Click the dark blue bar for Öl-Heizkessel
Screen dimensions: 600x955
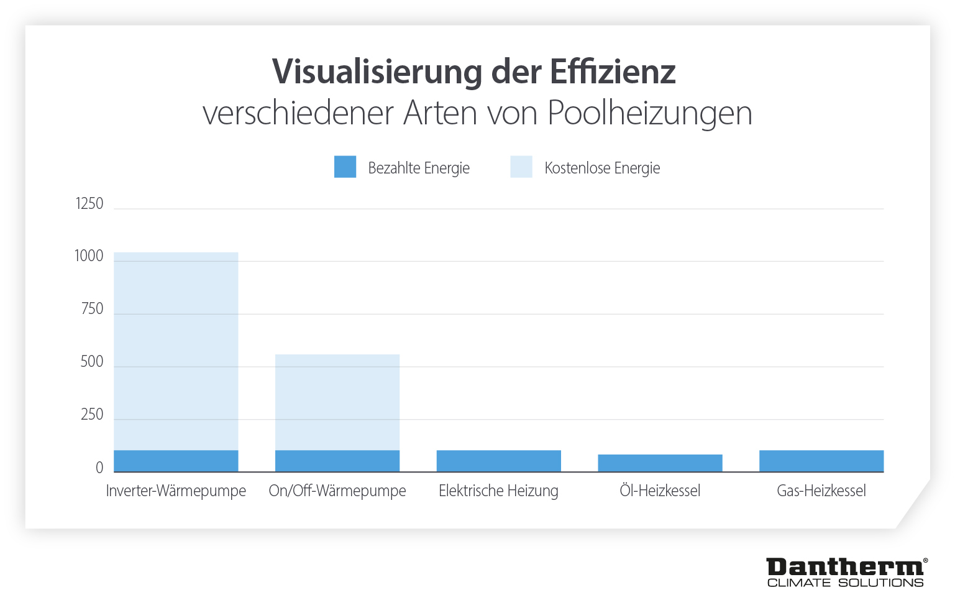pos(660,463)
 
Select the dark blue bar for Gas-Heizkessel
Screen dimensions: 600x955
pos(821,461)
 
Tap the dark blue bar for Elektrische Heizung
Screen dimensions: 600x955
pos(498,461)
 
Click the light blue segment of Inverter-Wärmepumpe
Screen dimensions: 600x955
pos(176,351)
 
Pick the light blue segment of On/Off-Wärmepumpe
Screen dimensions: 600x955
pos(337,402)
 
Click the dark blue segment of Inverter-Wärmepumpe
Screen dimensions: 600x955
pos(176,461)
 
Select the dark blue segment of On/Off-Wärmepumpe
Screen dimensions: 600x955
pos(337,461)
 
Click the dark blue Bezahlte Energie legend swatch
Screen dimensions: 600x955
pos(345,167)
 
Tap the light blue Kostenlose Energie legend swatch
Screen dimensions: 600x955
pos(521,167)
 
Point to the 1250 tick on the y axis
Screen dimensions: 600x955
pos(89,204)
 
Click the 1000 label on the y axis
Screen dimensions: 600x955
pos(89,256)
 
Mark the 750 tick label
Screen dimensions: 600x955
pos(92,309)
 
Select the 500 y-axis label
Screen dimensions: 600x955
pos(92,362)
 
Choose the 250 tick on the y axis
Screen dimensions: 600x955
pos(92,415)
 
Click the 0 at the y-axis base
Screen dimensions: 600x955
pos(99,468)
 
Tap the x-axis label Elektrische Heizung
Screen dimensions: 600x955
pos(498,491)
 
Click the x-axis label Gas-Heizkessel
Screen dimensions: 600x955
pos(821,491)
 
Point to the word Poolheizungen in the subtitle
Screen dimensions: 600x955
pos(649,113)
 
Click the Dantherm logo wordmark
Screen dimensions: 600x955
pos(845,567)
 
